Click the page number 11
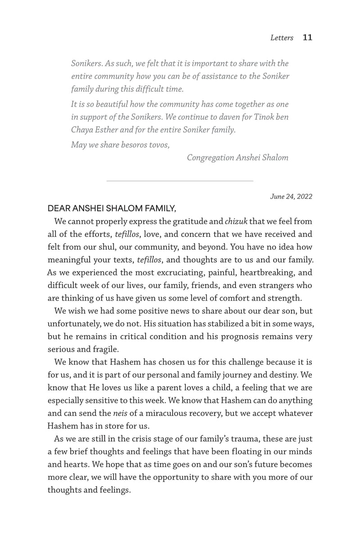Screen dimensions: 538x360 [x=308, y=38]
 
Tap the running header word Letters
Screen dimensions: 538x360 [x=282, y=38]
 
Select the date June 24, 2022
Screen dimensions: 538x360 [x=291, y=196]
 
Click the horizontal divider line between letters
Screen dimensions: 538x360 [x=180, y=181]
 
